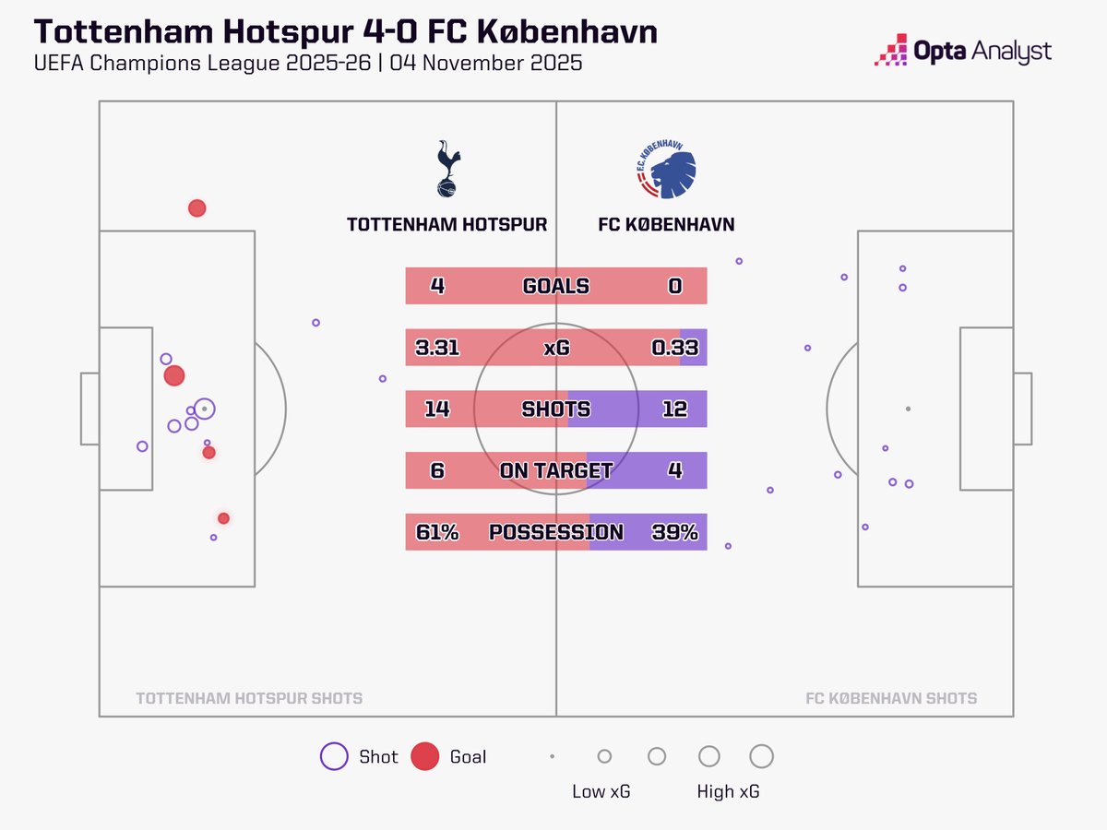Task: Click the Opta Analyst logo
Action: point(962,51)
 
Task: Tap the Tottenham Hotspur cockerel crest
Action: point(446,169)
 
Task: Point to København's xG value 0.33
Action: point(674,348)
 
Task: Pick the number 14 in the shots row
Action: point(436,409)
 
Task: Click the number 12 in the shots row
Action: point(674,409)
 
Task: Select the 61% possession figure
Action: point(436,532)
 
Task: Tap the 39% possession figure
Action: point(674,532)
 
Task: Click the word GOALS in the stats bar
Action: point(555,286)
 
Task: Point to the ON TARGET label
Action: point(555,470)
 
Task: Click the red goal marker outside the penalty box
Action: point(196,208)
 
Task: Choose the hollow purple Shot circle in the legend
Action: point(333,756)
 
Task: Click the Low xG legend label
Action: point(601,791)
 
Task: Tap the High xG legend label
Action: point(729,791)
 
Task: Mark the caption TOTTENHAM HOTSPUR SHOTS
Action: point(249,698)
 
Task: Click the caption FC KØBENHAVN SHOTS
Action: point(890,698)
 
